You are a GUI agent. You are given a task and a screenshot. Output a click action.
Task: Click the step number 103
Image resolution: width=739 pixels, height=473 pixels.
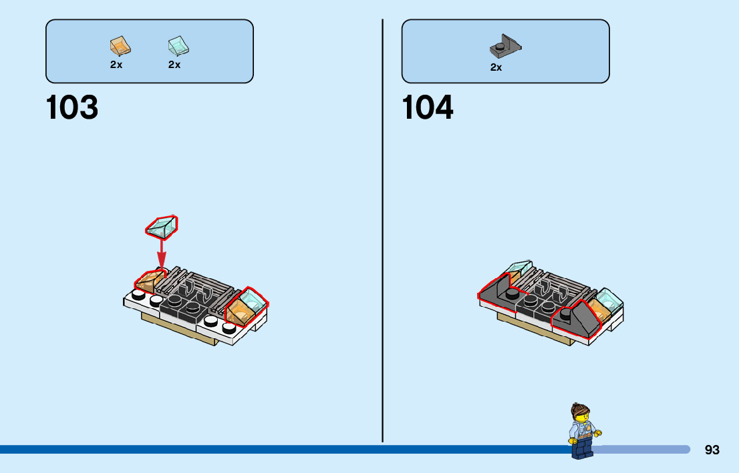tap(72, 108)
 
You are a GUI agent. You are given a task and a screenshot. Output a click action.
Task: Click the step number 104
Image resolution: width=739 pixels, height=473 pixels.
tap(428, 108)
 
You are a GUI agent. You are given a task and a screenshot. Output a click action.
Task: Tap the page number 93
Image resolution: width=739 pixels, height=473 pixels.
tap(712, 450)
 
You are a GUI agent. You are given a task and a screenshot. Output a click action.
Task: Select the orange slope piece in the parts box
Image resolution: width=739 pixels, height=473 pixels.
tap(120, 45)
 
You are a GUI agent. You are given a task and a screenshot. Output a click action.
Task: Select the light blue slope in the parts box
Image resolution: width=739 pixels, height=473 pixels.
tap(178, 45)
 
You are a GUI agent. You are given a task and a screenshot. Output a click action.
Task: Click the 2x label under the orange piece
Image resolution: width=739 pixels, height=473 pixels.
tap(116, 65)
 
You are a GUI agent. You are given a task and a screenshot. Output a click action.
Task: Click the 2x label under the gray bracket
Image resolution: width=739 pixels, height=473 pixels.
tap(496, 67)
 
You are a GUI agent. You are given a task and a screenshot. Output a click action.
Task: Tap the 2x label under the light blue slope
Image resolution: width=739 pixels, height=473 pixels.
tap(174, 65)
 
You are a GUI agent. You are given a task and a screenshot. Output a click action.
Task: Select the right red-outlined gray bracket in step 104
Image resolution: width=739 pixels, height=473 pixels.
tap(576, 321)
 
